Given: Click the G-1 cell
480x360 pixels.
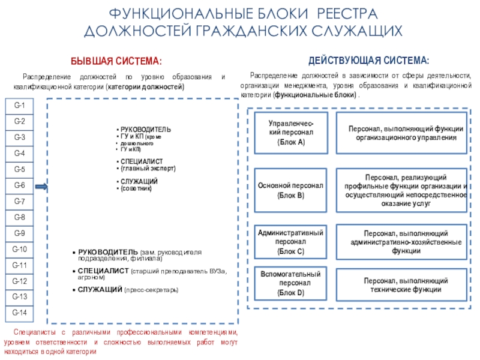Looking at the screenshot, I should click(x=19, y=106).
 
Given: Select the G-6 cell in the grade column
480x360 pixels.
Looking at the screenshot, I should click(x=19, y=185).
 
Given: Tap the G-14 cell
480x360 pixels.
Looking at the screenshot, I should click(x=19, y=313).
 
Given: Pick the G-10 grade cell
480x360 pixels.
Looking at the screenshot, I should click(x=19, y=249).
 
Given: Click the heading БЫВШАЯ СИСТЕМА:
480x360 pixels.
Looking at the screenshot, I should click(x=116, y=61).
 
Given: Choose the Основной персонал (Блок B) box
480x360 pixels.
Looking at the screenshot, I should click(x=291, y=191).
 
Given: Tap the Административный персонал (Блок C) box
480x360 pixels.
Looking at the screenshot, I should click(x=291, y=242).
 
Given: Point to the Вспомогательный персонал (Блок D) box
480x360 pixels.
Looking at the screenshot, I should click(x=291, y=284).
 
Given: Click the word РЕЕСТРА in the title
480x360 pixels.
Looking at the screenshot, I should click(x=345, y=13).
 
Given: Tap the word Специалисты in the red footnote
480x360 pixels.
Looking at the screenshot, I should click(x=34, y=332).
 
